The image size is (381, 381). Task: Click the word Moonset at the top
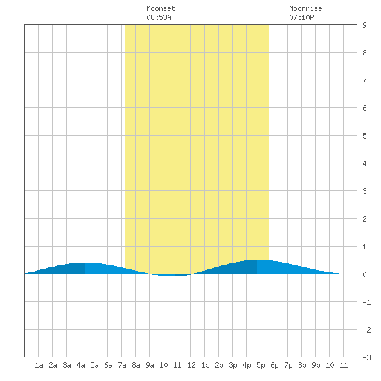coord(161,8)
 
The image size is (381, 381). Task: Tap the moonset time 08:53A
coord(159,17)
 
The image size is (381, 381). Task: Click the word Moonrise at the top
coord(305,8)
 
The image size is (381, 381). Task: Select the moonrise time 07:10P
coord(301,17)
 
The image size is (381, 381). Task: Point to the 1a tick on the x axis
coord(39,365)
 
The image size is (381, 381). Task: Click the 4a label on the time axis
coord(80,365)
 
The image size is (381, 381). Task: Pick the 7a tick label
coord(122,365)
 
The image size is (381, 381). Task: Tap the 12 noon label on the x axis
coord(191,365)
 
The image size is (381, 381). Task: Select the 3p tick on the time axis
coord(233,365)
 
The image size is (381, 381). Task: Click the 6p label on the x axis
coord(274,365)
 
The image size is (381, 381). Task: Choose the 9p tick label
coord(316,365)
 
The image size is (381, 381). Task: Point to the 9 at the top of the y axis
coord(364,25)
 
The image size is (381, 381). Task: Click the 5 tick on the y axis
coord(364,136)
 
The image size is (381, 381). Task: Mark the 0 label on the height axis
coord(364,274)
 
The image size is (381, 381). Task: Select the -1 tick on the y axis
coord(366,302)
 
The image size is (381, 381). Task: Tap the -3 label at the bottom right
coord(366,357)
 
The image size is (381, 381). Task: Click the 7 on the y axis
coord(364,80)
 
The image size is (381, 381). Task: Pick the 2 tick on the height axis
coord(364,219)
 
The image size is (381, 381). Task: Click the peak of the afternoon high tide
coord(257,260)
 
